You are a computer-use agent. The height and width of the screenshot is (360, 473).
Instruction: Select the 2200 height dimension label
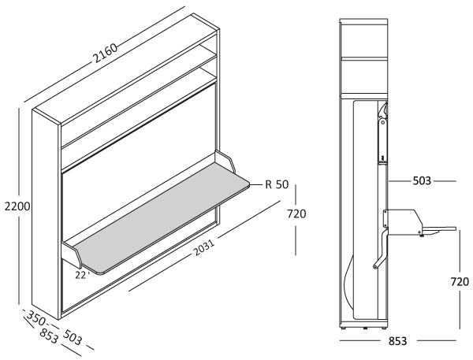click(x=15, y=207)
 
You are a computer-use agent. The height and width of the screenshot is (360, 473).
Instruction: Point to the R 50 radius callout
click(x=277, y=185)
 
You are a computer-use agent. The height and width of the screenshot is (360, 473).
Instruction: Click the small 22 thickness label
click(x=80, y=275)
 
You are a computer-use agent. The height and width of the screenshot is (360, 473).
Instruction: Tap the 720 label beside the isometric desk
click(x=296, y=213)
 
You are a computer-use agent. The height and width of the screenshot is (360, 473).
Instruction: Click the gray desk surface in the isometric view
click(x=158, y=217)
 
